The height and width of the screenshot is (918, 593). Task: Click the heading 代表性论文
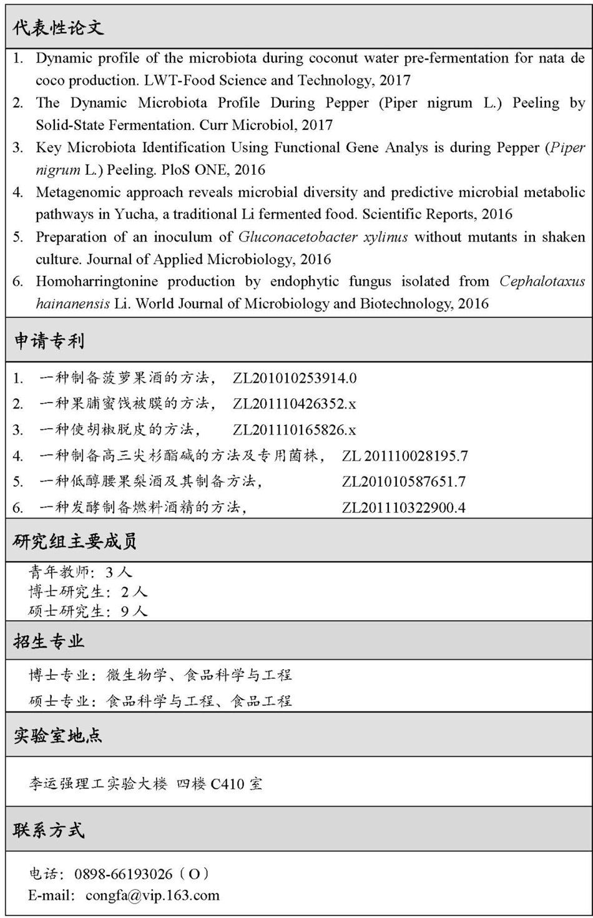(x=58, y=27)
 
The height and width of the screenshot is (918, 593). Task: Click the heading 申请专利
(x=49, y=341)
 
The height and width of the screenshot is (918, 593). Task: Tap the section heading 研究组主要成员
(x=75, y=541)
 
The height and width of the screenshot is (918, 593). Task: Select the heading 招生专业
(x=49, y=642)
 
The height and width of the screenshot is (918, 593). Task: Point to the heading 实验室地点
(x=58, y=736)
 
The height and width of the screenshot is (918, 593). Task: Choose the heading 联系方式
(x=49, y=830)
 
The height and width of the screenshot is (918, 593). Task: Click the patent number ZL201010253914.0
(x=295, y=378)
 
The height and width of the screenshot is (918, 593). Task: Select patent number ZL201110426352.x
(x=295, y=404)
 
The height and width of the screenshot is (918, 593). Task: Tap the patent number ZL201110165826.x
(x=295, y=430)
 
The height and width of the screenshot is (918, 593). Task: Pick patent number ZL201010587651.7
(x=404, y=482)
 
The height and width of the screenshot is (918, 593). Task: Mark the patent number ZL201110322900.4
(x=404, y=508)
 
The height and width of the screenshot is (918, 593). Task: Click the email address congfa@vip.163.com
(x=152, y=896)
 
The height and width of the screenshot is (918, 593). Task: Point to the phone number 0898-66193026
(x=123, y=874)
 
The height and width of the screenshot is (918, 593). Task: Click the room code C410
(x=227, y=784)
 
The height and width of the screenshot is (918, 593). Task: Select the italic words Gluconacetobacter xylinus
(x=323, y=237)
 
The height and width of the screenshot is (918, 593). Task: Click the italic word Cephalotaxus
(x=542, y=281)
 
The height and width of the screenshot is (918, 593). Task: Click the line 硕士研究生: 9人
(x=88, y=612)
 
